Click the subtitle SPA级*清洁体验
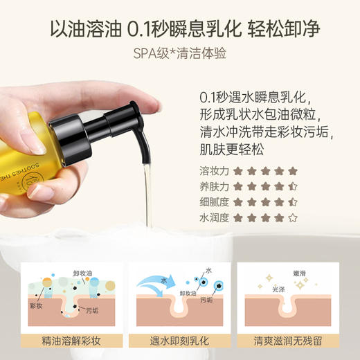pos(179,53)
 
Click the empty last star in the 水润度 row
pos(293,217)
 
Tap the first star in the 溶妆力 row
pos(237,170)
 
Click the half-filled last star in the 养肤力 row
pos(293,186)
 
